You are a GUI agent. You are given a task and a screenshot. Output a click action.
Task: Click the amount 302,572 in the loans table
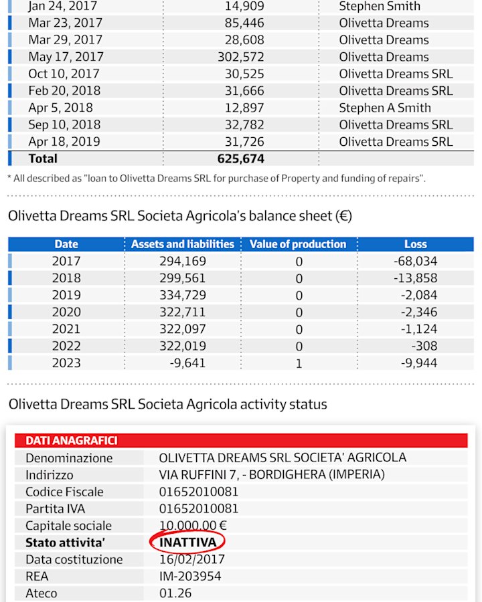pyautogui.click(x=240, y=57)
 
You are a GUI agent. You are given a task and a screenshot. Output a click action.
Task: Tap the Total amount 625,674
pyautogui.click(x=240, y=159)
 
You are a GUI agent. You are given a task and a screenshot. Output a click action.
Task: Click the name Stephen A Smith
pyautogui.click(x=385, y=108)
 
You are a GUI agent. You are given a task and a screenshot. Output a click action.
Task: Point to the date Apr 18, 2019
pyautogui.click(x=64, y=142)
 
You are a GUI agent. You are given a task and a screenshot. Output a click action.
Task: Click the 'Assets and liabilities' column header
pyautogui.click(x=182, y=244)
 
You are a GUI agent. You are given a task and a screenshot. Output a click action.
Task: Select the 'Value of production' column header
pyautogui.click(x=298, y=244)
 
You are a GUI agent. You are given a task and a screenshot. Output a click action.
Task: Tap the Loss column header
pyautogui.click(x=415, y=244)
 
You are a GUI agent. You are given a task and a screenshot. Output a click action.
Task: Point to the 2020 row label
pyautogui.click(x=66, y=312)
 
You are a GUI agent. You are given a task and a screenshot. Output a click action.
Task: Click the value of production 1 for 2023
pyautogui.click(x=299, y=363)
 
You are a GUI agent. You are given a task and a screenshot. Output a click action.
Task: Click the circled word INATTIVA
pyautogui.click(x=187, y=542)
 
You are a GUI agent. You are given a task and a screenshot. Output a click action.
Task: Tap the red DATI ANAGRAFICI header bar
pyautogui.click(x=241, y=440)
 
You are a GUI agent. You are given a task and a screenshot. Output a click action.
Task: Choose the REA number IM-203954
pyautogui.click(x=190, y=577)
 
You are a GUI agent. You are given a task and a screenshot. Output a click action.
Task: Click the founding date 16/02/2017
pyautogui.click(x=191, y=559)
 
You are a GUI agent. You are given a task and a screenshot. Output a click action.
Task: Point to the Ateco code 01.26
pyautogui.click(x=175, y=593)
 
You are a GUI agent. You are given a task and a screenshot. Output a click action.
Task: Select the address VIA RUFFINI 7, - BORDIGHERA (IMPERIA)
pyautogui.click(x=272, y=475)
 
